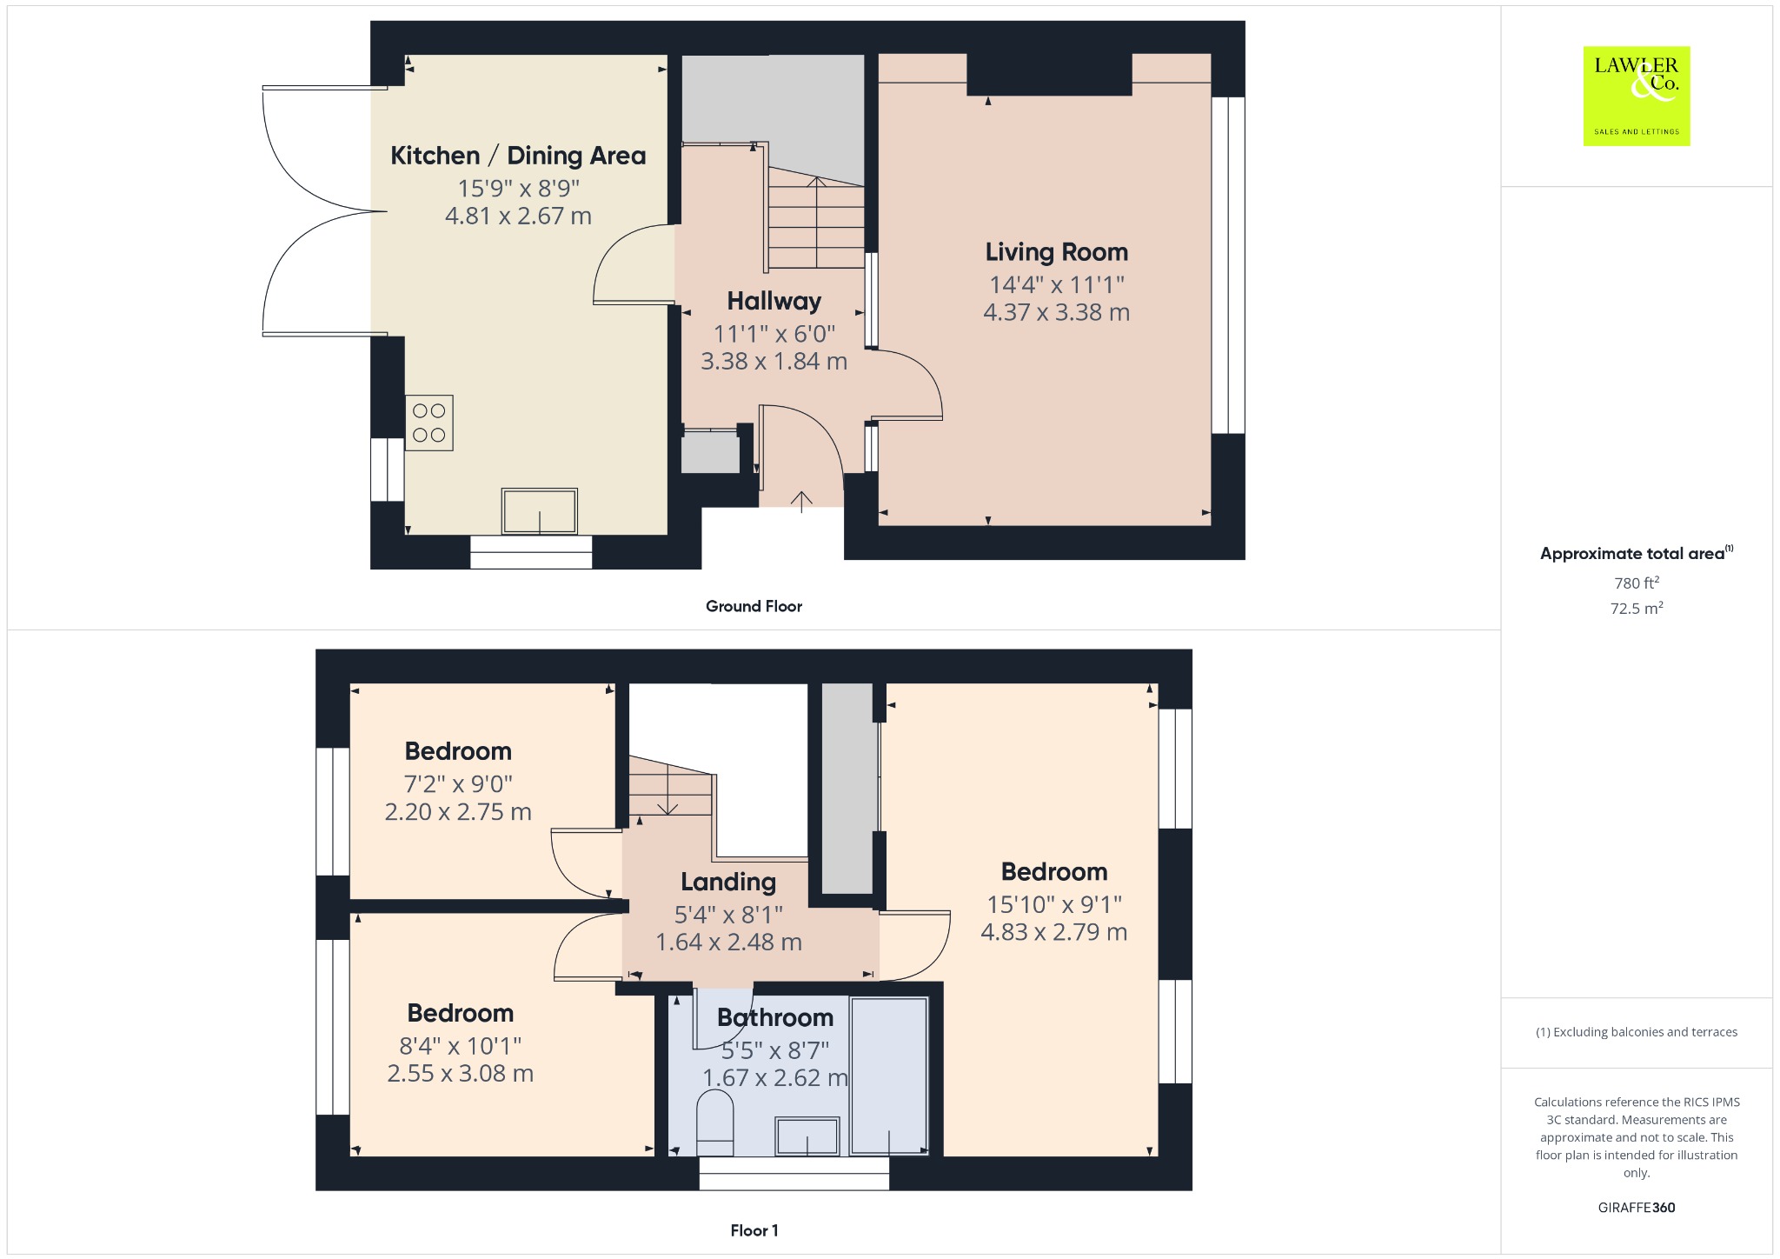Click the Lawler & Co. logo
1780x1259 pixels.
[1637, 96]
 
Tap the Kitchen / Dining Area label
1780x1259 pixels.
[518, 156]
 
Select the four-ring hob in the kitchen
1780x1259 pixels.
[428, 423]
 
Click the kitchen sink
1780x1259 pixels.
[539, 511]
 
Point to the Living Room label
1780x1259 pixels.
[1056, 252]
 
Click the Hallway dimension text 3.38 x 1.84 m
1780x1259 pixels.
[774, 361]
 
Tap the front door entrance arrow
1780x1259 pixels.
[801, 502]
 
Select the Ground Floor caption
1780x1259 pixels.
[754, 606]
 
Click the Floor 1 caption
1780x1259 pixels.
[754, 1230]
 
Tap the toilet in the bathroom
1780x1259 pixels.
[715, 1122]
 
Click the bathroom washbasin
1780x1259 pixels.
[807, 1136]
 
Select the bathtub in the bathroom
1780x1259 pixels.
[889, 1076]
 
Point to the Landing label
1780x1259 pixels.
[727, 882]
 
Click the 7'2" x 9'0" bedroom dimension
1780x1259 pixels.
[458, 783]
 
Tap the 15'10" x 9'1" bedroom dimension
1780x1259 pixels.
[1054, 904]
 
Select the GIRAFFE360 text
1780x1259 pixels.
[1637, 1207]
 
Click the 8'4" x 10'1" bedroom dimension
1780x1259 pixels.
[461, 1045]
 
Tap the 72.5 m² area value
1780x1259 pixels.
[1637, 607]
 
